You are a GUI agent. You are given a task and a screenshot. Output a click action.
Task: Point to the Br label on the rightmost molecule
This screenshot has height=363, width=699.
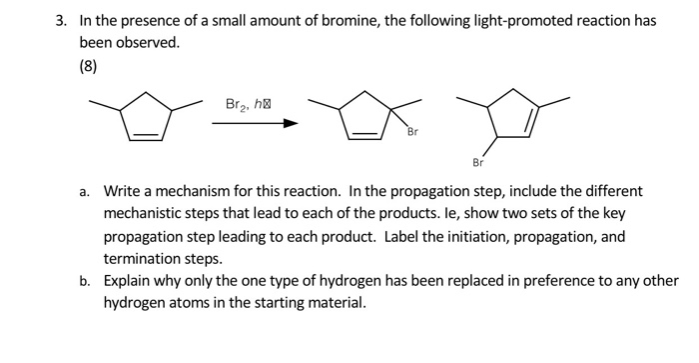(x=477, y=162)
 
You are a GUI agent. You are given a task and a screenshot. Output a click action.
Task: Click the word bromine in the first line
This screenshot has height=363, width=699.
(x=299, y=20)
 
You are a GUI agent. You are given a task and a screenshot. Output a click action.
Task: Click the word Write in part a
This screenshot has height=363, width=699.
(x=124, y=190)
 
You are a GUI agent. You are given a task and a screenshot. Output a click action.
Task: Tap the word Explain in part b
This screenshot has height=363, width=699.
(x=131, y=280)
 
